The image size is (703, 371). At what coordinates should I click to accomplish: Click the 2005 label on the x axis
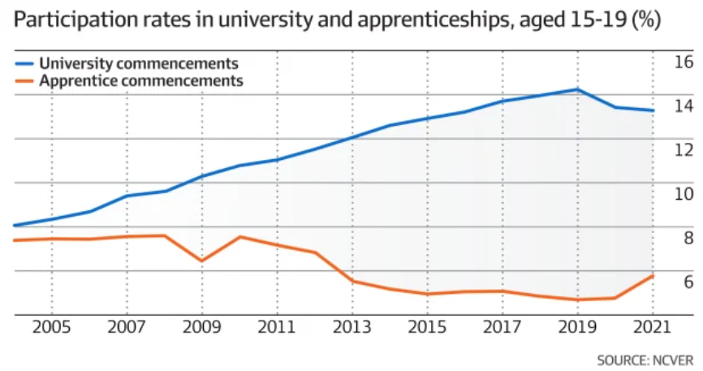(x=52, y=328)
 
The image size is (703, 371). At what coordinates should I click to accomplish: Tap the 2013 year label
(x=352, y=328)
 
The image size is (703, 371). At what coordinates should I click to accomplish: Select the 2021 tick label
(x=652, y=328)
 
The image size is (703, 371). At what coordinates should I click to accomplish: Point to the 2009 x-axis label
(x=202, y=328)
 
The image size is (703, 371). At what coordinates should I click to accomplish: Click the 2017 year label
(x=502, y=328)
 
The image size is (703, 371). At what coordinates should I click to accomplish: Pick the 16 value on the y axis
(x=684, y=62)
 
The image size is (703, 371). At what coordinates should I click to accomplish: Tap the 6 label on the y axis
(x=688, y=282)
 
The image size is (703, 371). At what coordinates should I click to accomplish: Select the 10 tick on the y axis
(x=684, y=193)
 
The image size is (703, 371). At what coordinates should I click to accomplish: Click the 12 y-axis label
(x=684, y=149)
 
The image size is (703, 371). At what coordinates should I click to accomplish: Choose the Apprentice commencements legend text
(x=141, y=80)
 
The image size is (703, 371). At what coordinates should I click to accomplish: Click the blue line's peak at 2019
(x=577, y=89)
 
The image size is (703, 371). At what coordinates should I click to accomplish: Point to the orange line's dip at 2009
(x=202, y=261)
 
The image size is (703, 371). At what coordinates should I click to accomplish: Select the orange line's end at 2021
(x=653, y=276)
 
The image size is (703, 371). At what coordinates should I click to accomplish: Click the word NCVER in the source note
(x=672, y=359)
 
